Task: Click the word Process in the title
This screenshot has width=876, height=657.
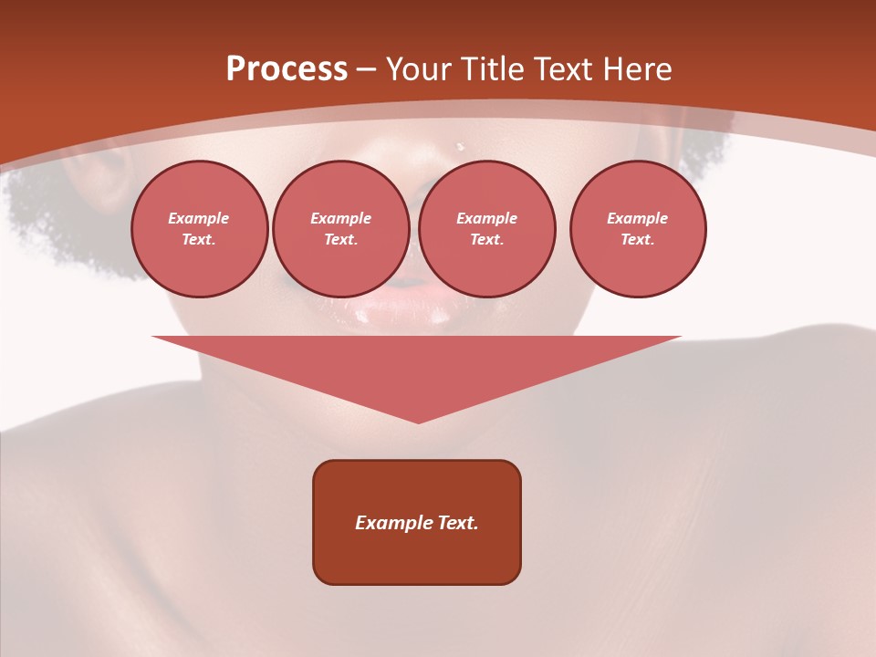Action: coord(287,69)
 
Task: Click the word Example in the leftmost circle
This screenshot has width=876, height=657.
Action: coord(199,218)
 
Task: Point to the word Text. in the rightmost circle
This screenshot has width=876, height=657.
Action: coord(637,239)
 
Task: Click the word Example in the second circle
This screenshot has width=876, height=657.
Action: coord(340,218)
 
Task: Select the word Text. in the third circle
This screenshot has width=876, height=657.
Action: coord(486,239)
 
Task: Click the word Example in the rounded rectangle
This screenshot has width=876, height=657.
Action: coord(394,523)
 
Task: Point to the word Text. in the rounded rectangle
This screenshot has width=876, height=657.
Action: coord(458,523)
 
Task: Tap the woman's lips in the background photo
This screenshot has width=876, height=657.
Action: coord(401,310)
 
